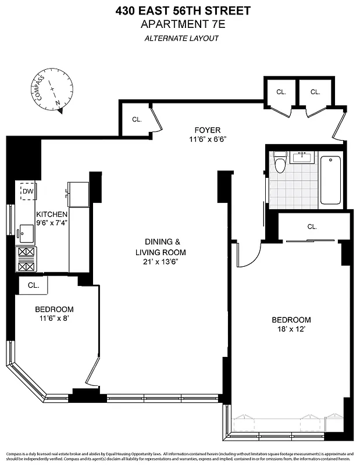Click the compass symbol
(x=53, y=91)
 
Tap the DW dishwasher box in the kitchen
(x=28, y=191)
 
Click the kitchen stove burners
(x=27, y=259)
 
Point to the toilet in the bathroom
(x=280, y=162)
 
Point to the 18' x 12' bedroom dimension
(x=291, y=329)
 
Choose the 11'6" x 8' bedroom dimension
(x=54, y=319)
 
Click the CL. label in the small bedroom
(x=33, y=285)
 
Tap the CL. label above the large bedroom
(x=312, y=227)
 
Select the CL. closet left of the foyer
(x=137, y=119)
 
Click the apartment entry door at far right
(x=340, y=126)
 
